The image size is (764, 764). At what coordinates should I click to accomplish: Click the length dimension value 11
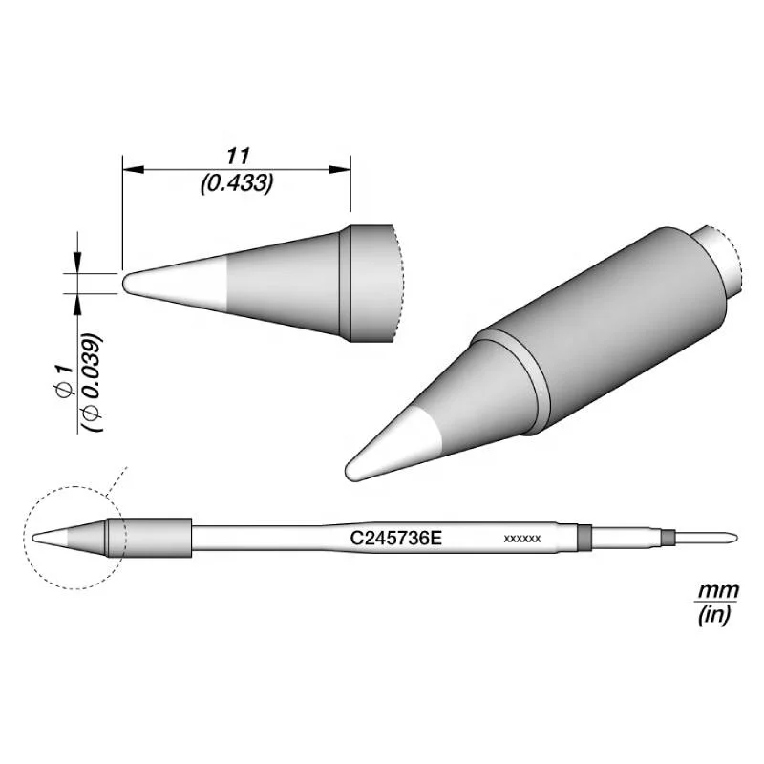pos(237,155)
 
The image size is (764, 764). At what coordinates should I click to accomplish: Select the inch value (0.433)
pos(237,182)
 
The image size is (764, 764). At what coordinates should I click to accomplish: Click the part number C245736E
pos(396,538)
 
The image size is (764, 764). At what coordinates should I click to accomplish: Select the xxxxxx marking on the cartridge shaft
pos(521,539)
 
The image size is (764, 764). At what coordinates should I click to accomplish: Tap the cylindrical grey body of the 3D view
pos(611,325)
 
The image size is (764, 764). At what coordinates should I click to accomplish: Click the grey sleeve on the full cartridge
pos(153,538)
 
